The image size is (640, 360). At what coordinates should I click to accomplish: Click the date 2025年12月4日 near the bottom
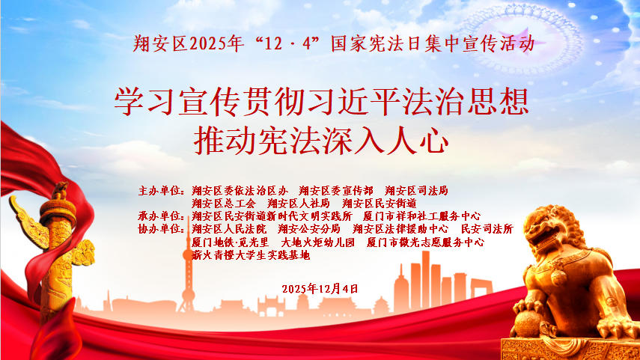tap(320, 288)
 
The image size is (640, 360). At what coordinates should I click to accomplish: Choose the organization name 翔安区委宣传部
tap(335, 191)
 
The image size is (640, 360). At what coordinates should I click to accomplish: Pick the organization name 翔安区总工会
tap(224, 203)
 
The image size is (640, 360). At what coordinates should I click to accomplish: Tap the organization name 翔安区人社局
tap(299, 203)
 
